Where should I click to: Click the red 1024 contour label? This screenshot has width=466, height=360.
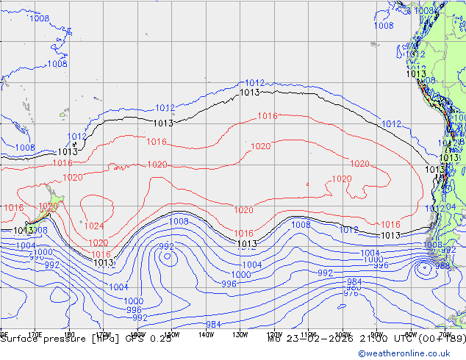[x=94, y=226]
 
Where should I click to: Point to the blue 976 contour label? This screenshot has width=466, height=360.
[x=351, y=294]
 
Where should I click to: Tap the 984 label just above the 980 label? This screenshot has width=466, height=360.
[x=354, y=282]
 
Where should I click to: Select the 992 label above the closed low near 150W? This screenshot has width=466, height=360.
[x=167, y=246]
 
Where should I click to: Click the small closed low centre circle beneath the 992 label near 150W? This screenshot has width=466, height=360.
[x=168, y=257]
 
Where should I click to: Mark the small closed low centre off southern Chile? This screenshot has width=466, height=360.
[x=424, y=268]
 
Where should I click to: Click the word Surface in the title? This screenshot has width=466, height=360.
[x=19, y=339]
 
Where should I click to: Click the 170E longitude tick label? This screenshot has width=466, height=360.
[x=34, y=333]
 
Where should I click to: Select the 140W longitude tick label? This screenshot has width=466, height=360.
[x=207, y=333]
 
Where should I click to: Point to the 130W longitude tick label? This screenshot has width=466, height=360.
[x=240, y=333]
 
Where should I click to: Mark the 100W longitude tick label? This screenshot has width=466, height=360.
[x=343, y=333]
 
